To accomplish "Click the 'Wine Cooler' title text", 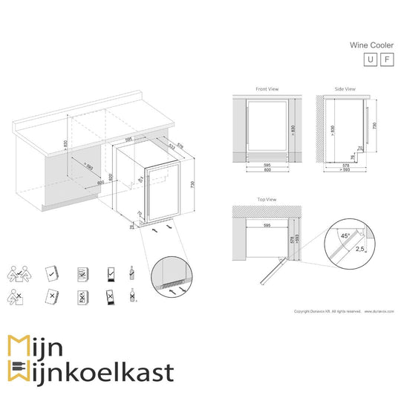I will (372, 45).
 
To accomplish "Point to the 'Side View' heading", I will (344, 89).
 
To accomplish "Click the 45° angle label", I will (344, 235).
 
